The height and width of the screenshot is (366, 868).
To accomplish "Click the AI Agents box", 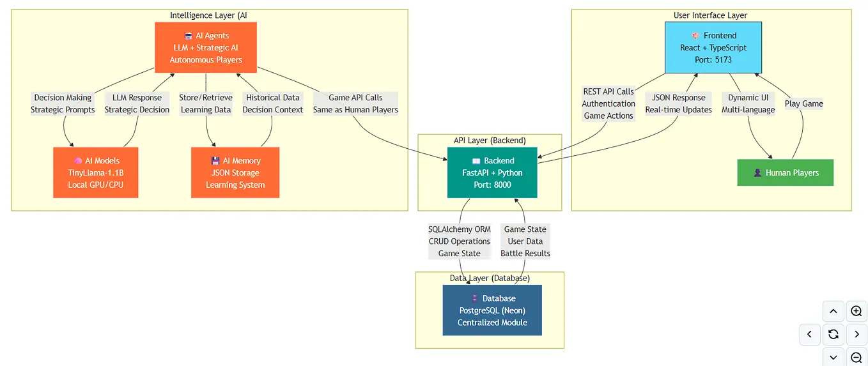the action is pyautogui.click(x=206, y=47).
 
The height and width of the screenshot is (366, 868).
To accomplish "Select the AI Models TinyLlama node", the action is pyautogui.click(x=96, y=172).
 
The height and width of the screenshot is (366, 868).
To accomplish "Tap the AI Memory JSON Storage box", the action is pyautogui.click(x=235, y=172).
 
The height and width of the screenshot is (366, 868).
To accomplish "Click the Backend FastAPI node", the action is pyautogui.click(x=492, y=172).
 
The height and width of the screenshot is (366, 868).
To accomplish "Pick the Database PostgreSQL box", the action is pyautogui.click(x=492, y=310).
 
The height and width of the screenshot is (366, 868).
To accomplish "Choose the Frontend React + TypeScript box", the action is pyautogui.click(x=713, y=47).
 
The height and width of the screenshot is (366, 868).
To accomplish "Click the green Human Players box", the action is pyautogui.click(x=786, y=172).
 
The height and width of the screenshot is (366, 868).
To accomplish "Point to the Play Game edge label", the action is pyautogui.click(x=803, y=103).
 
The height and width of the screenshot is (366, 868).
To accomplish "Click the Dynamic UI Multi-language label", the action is pyautogui.click(x=748, y=103).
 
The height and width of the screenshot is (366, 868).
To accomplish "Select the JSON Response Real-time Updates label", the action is pyautogui.click(x=678, y=103).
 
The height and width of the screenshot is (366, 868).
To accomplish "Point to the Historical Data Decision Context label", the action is pyautogui.click(x=273, y=103).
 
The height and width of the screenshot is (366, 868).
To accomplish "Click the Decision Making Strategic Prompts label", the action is pyautogui.click(x=63, y=103).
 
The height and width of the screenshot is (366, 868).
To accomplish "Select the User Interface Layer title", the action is pyautogui.click(x=710, y=15).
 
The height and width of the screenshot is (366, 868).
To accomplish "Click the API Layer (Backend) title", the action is pyautogui.click(x=490, y=140).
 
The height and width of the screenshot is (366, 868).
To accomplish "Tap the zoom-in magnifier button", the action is pyautogui.click(x=856, y=311).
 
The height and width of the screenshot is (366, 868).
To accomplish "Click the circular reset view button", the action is pyautogui.click(x=833, y=334).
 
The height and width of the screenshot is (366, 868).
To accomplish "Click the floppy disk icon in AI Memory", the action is pyautogui.click(x=215, y=160).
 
